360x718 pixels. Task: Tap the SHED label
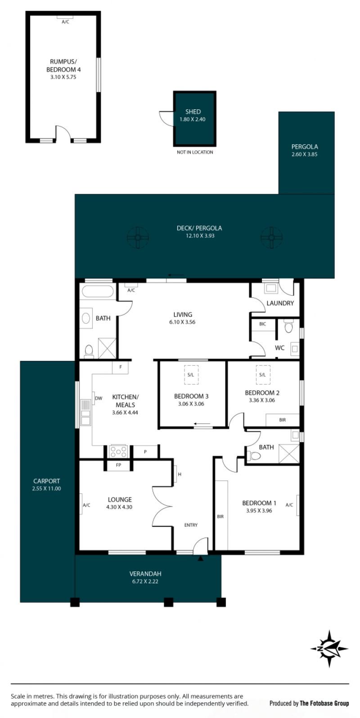click(193, 112)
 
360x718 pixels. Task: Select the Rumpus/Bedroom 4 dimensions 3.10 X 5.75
click(63, 77)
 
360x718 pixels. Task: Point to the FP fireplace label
click(119, 465)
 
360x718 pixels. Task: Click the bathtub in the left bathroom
click(98, 292)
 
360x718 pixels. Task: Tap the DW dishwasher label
click(99, 399)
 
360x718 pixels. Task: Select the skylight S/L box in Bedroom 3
click(191, 375)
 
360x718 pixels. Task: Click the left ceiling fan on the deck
click(138, 238)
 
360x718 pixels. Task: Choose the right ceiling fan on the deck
click(271, 238)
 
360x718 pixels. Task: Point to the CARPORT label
click(46, 481)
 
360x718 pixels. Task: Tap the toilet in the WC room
click(289, 327)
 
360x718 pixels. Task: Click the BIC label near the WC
click(262, 324)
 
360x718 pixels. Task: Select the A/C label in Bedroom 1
click(289, 505)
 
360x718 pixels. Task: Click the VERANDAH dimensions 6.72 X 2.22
click(145, 581)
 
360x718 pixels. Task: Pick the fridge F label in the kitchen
click(121, 367)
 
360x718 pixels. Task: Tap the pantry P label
click(145, 452)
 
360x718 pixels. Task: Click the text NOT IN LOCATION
click(195, 152)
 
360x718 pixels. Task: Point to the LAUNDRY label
click(280, 303)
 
